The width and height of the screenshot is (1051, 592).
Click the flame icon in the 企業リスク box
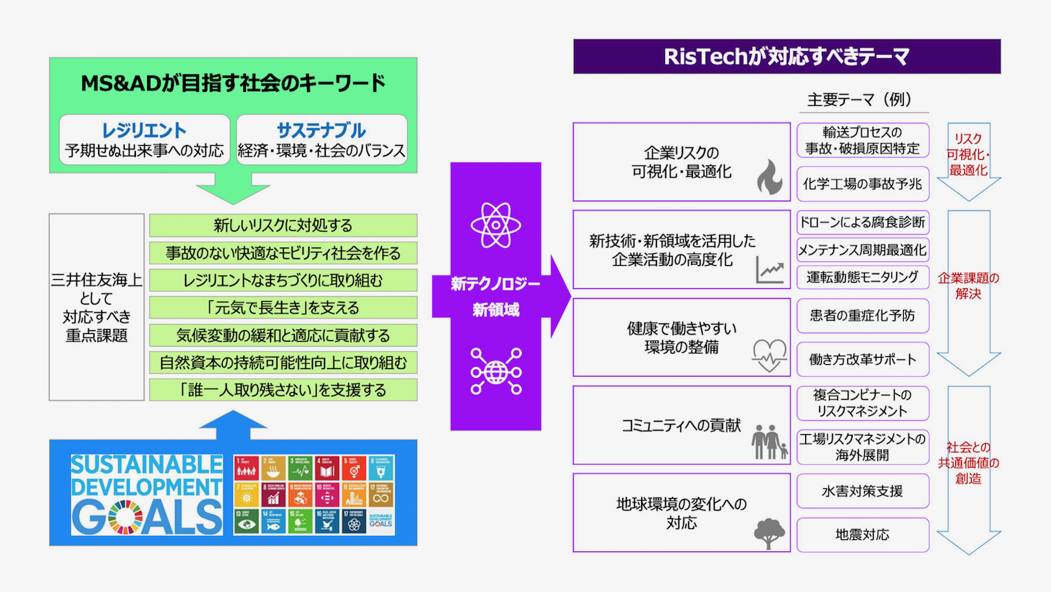tap(769, 177)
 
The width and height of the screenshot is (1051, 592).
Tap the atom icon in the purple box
tap(495, 225)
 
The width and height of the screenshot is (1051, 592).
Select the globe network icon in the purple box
tap(495, 371)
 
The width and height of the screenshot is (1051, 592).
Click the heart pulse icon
tap(769, 355)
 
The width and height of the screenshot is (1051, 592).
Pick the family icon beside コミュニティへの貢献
tap(769, 442)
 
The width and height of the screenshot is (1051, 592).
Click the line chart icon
tap(769, 270)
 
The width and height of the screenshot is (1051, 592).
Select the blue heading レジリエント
tap(144, 130)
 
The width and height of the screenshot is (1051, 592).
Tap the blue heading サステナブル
tap(321, 130)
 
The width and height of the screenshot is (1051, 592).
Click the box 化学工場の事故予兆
tap(863, 184)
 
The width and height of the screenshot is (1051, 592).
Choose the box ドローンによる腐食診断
tap(863, 222)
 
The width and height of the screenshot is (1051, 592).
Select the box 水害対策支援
tap(863, 491)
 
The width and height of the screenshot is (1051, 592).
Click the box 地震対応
tap(863, 534)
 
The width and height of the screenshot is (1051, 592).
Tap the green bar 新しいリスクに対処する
tap(283, 225)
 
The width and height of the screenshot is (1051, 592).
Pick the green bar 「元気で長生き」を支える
tap(283, 307)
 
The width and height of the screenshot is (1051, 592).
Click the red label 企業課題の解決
tap(968, 285)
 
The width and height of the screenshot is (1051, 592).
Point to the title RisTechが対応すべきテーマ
tap(786, 56)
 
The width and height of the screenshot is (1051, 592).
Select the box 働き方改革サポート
tap(863, 359)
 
